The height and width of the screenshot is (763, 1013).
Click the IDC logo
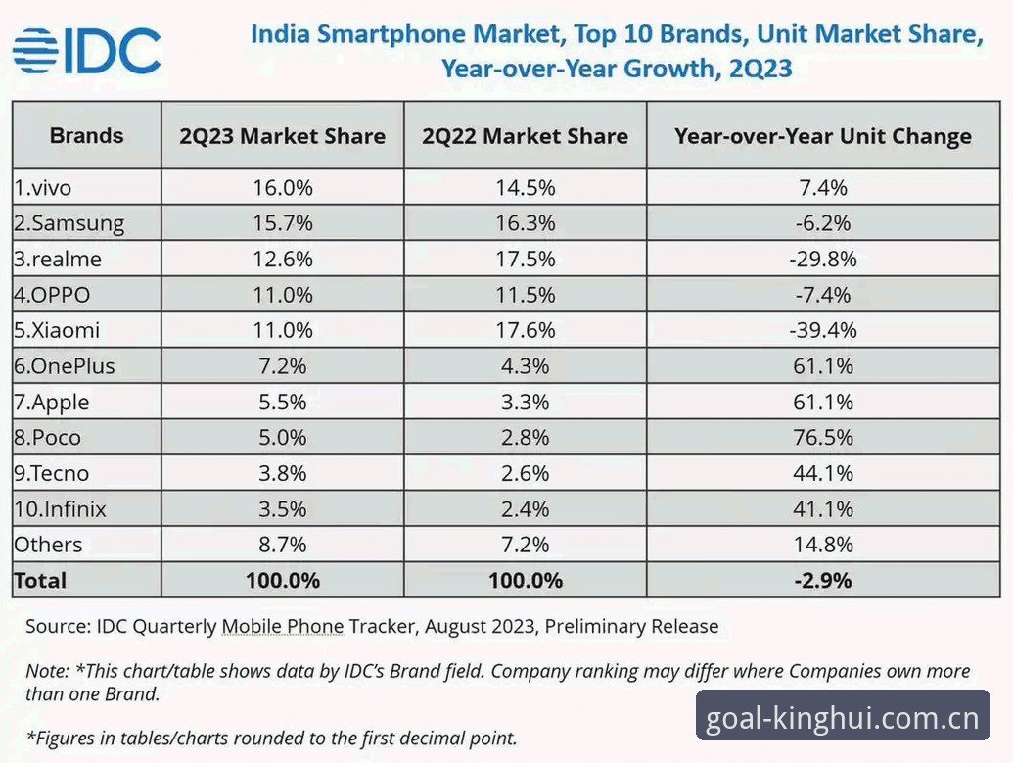tap(86, 50)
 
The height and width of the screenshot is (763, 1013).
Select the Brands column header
tap(86, 136)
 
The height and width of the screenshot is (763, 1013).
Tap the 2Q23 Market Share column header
tap(282, 136)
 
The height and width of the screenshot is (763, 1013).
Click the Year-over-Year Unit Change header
tap(823, 136)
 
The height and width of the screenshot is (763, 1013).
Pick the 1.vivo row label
tap(43, 187)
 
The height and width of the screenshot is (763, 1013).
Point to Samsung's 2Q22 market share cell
tap(526, 223)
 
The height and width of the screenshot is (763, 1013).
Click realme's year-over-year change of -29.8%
tap(823, 259)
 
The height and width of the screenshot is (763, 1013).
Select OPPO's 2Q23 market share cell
tap(282, 295)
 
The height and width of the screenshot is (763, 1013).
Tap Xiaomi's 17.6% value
tap(526, 330)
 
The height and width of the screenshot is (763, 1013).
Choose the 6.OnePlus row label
tap(65, 366)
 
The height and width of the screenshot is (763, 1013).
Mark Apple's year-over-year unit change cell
tap(823, 403)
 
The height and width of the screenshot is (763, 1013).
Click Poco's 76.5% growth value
tap(823, 438)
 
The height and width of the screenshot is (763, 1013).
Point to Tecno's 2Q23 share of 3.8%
tap(282, 473)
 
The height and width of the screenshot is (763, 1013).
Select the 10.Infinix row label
tap(60, 509)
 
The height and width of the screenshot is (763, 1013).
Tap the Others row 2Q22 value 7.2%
tap(526, 545)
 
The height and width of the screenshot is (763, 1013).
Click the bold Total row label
tap(40, 580)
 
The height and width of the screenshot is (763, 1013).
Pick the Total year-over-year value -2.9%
tap(823, 580)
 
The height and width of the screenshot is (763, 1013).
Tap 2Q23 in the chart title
tap(760, 68)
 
